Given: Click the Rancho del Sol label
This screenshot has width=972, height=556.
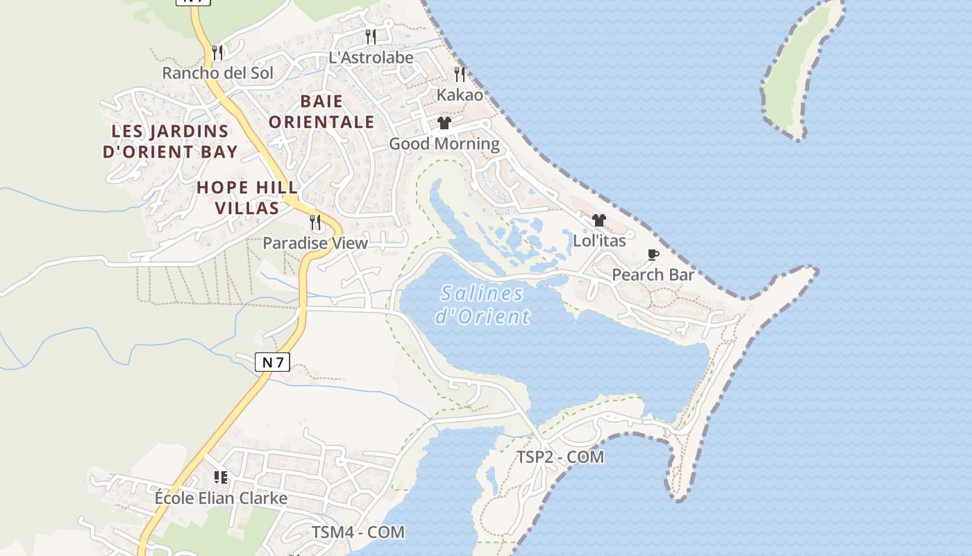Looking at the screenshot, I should [217, 73].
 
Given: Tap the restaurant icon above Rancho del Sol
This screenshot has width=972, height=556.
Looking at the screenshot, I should [217, 52].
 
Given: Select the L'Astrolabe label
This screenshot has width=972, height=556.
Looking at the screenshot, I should [371, 58].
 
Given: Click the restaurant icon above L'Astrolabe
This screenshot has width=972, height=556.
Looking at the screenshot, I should [371, 36].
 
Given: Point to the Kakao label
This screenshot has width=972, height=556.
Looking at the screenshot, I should [460, 95].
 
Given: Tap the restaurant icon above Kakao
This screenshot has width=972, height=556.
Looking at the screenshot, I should [460, 74].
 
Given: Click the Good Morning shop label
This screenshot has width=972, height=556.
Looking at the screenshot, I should [444, 144].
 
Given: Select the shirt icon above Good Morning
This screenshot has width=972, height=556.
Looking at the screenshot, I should [444, 123].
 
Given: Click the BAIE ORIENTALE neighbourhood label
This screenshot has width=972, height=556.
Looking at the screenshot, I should [321, 112].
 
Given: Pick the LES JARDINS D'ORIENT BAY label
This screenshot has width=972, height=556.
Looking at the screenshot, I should [170, 141].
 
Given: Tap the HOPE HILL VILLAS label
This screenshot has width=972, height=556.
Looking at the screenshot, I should [247, 197].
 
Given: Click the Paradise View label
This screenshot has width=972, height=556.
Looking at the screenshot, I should [315, 243].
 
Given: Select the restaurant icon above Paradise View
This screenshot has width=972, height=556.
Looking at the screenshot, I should [315, 222].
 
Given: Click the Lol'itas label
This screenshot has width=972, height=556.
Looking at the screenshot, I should [599, 241].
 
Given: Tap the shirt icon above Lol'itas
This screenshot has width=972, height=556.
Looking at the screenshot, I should [599, 220].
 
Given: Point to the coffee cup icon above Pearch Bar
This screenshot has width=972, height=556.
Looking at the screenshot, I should [653, 254].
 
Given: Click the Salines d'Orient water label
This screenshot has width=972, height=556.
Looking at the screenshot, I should [483, 305].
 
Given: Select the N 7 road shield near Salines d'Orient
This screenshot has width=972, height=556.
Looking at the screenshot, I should [272, 362].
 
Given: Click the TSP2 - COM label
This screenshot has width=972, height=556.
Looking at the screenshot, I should [560, 457].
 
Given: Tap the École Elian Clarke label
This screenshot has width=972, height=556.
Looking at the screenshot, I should [221, 498].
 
